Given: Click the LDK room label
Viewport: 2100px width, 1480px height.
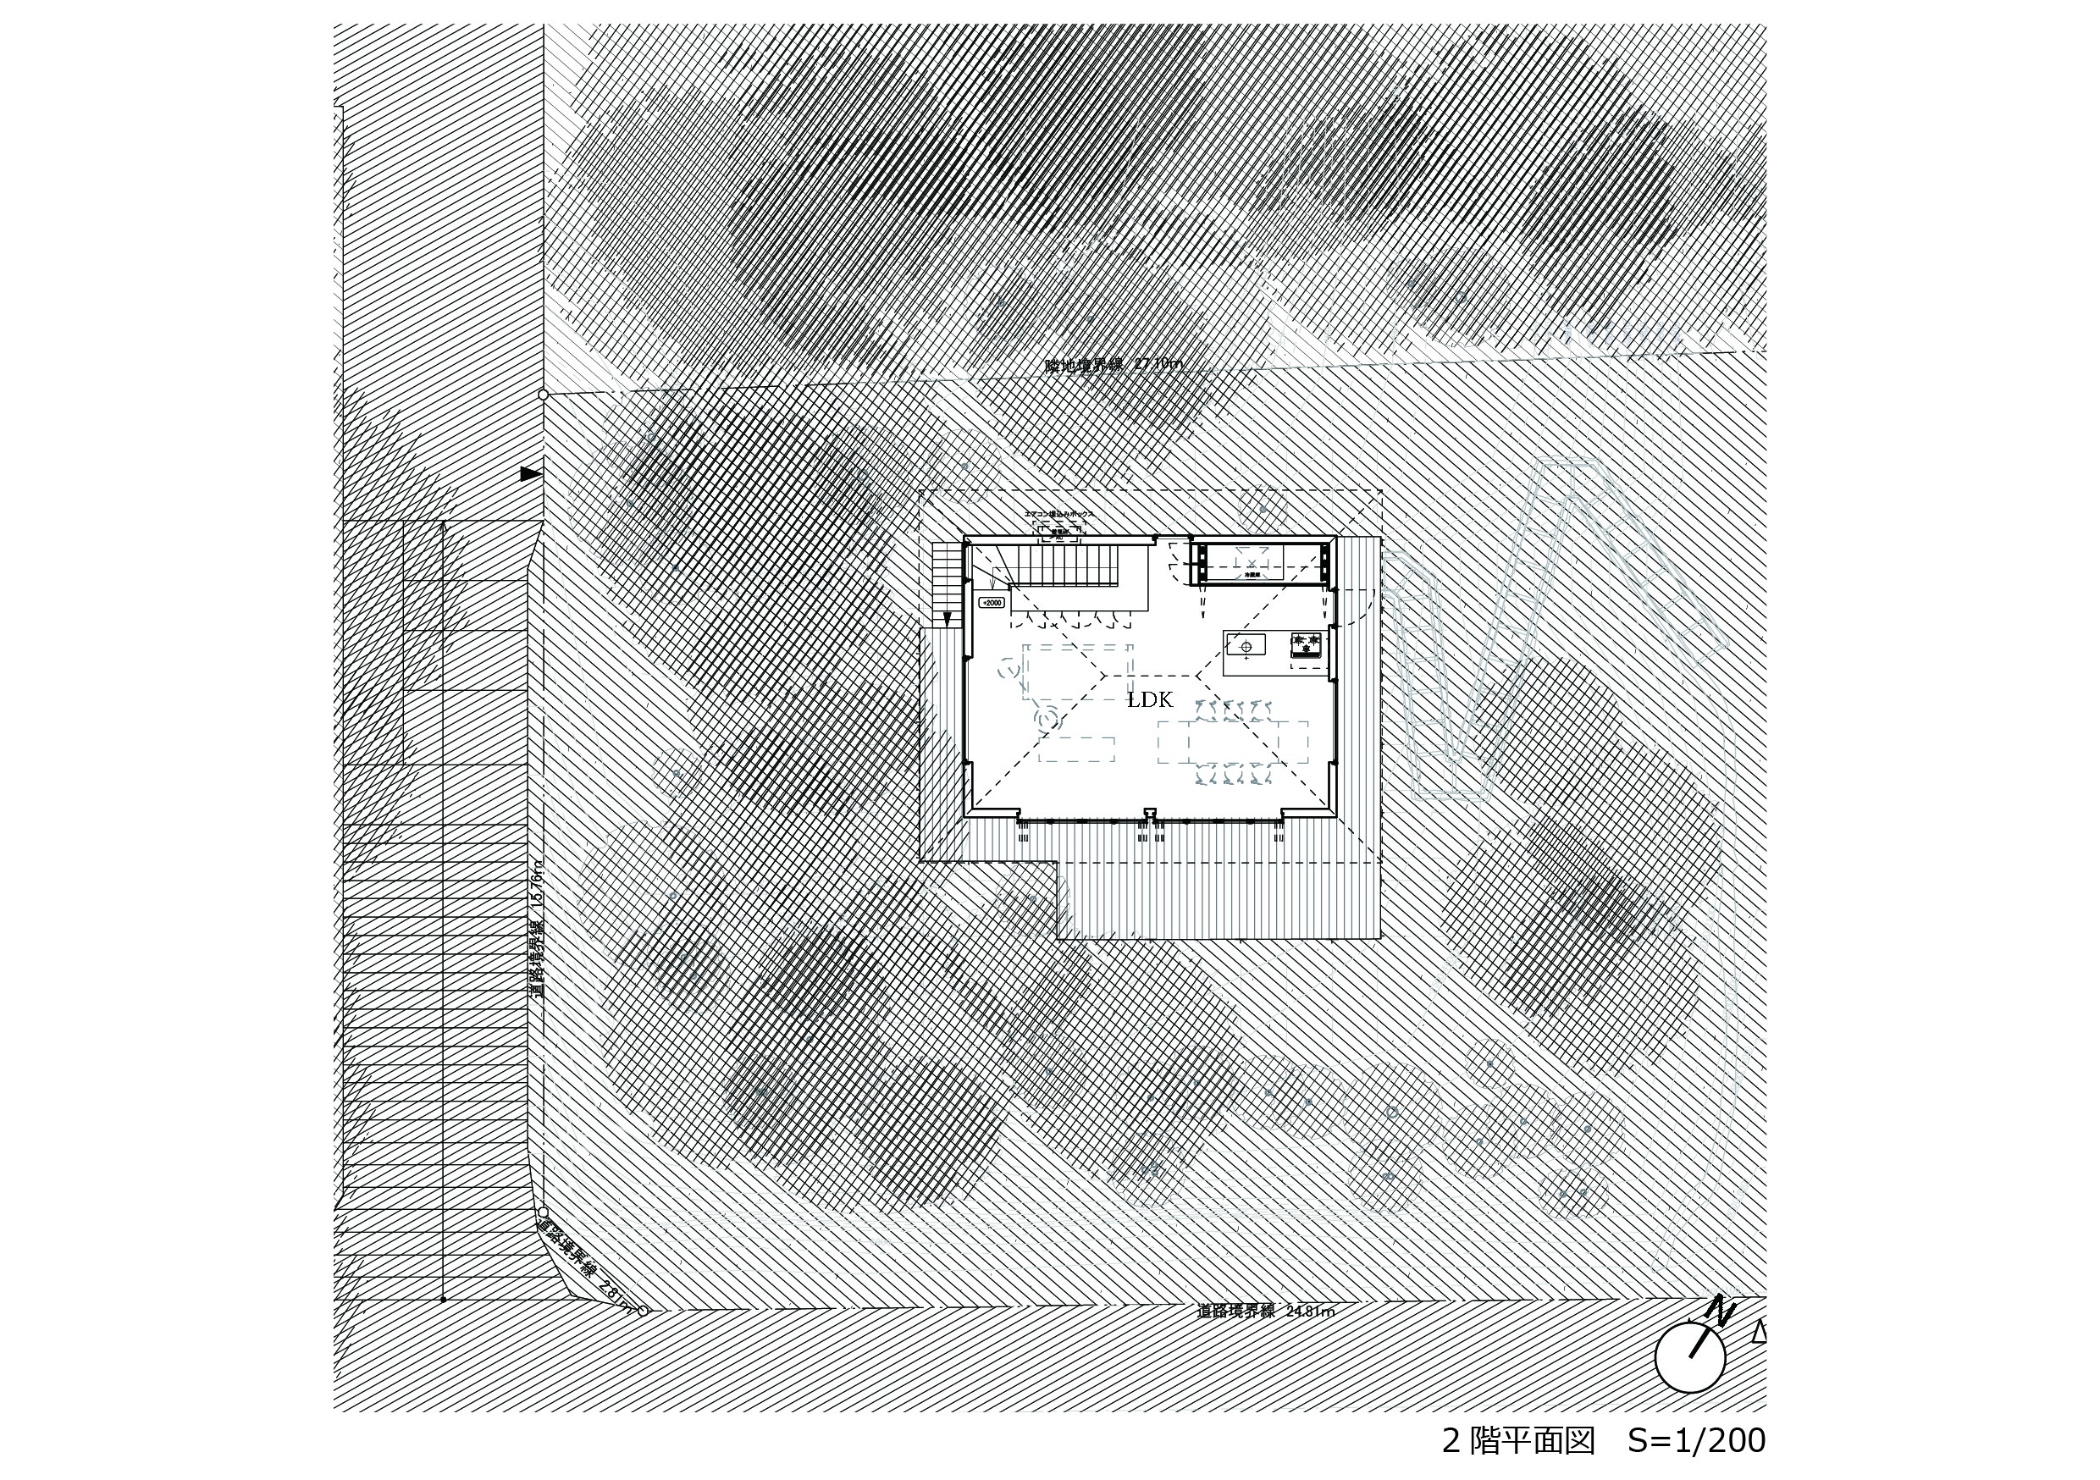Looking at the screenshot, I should pyautogui.click(x=1150, y=701).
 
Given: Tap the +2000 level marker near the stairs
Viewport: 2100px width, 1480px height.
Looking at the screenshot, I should pyautogui.click(x=992, y=603).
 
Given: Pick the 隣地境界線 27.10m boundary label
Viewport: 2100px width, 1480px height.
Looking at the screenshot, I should pyautogui.click(x=1114, y=364).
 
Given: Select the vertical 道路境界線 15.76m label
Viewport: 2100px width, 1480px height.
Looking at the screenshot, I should pyautogui.click(x=539, y=930).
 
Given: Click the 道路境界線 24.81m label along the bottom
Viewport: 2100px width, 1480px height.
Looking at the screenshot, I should pyautogui.click(x=1266, y=1312).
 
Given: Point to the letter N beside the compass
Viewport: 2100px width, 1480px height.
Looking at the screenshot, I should pyautogui.click(x=1721, y=1310).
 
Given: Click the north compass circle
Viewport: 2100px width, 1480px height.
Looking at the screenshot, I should pyautogui.click(x=1689, y=1358).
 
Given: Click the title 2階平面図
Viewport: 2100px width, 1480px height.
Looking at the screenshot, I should pyautogui.click(x=1518, y=1442).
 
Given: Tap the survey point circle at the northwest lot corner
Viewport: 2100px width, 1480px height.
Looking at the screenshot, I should pyautogui.click(x=544, y=395).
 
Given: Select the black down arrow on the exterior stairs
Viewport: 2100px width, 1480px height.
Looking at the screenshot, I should pyautogui.click(x=948, y=619).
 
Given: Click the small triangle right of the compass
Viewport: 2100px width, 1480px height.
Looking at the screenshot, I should pyautogui.click(x=1759, y=1334).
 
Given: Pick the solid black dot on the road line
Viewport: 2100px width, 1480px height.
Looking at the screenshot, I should pyautogui.click(x=443, y=1299).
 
